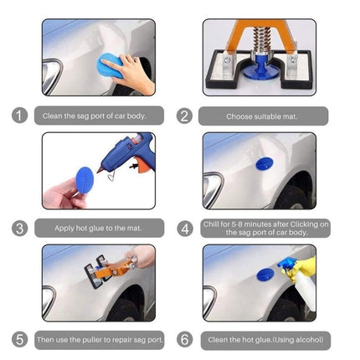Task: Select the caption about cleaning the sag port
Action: pyautogui.click(x=95, y=116)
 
